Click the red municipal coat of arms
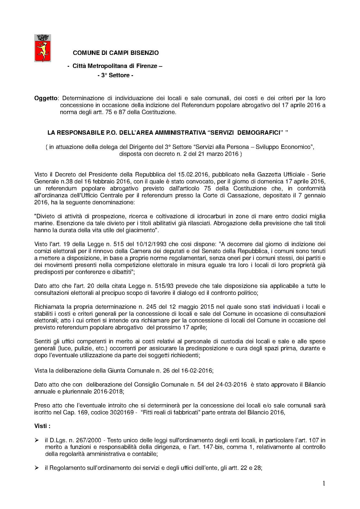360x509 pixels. click(x=43, y=48)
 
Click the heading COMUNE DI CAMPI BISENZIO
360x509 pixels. click(x=116, y=53)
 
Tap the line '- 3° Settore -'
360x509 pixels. click(x=115, y=75)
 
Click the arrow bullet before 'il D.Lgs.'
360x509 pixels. click(x=37, y=440)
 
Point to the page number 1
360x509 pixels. click(x=324, y=483)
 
